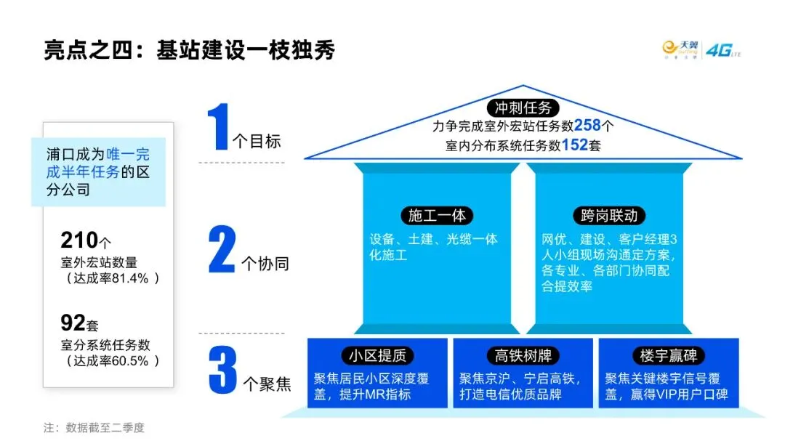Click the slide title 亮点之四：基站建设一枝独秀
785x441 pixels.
coord(189,51)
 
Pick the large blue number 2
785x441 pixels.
coord(221,250)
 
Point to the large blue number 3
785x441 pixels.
coord(222,371)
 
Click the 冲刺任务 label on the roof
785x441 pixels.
coord(523,108)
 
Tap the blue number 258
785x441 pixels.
coord(587,126)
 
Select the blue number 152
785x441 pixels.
coord(574,145)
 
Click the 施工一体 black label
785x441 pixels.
coord(437,216)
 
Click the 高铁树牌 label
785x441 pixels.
coord(523,355)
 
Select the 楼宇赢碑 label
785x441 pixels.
coord(669,355)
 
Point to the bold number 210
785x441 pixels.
coord(79,240)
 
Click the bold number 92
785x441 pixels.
coord(73,323)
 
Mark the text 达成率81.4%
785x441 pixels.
coord(112,278)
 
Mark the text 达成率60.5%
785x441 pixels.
coord(112,361)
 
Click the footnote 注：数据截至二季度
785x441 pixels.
coord(94,427)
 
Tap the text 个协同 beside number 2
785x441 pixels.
coord(265,262)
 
